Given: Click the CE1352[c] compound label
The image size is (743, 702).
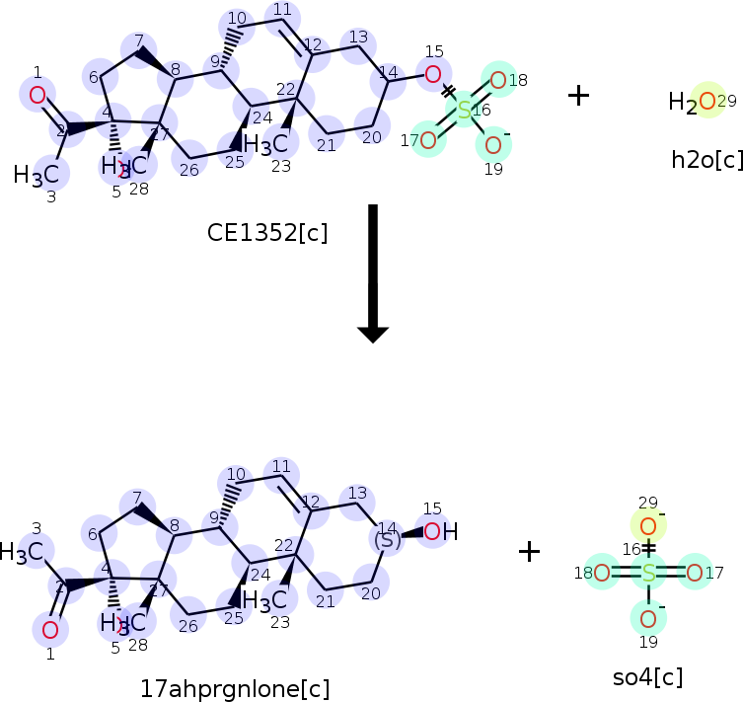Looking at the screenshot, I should coord(266,233).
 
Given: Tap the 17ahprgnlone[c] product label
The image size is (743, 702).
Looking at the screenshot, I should coord(235,688).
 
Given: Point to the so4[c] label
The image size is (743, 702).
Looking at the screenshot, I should coord(647,677).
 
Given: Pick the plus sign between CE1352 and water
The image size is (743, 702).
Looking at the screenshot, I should coord(578,95).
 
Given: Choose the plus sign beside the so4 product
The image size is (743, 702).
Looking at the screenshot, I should coord(529,551).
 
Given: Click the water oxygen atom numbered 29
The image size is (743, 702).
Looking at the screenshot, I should coord(706,101).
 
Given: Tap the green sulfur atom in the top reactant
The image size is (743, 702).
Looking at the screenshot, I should coord(464,110).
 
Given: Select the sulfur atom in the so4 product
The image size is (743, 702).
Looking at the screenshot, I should coord(648,573).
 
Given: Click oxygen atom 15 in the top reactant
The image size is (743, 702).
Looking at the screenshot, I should coord(432,73).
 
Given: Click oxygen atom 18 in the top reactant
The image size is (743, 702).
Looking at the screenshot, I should coord(498,80).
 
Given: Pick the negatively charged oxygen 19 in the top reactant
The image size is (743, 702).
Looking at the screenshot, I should coord(493,145).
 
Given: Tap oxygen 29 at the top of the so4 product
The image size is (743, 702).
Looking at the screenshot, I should coord(648,526).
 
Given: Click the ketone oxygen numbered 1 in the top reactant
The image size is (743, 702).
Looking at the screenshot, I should coord(37,95).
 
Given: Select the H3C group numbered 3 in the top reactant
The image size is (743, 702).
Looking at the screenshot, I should coord(41,176).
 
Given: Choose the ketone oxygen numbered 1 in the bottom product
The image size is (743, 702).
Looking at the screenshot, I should coord(50,629).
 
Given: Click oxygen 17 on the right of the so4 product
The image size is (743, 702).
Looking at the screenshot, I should coord(694,573).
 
